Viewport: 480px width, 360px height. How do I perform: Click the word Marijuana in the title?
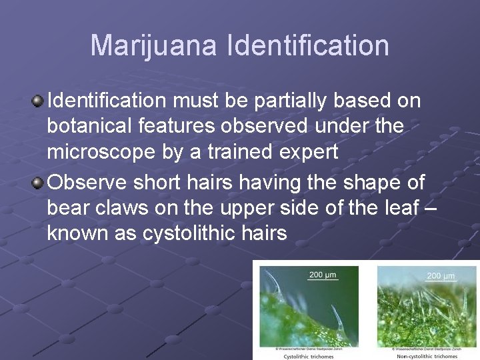click(154, 46)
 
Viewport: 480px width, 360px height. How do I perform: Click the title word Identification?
click(307, 46)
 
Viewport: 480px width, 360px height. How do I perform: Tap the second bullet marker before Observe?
click(38, 182)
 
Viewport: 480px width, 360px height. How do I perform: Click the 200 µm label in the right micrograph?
click(441, 275)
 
